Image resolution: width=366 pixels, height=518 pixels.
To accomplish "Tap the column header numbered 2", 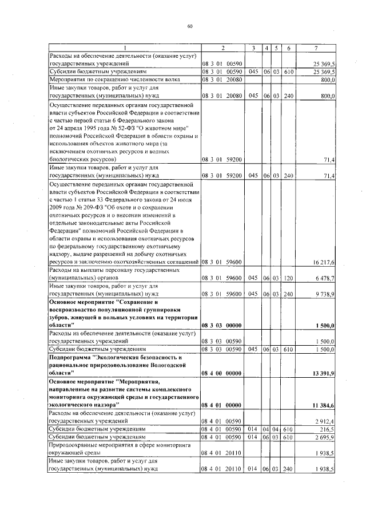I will point(223,47).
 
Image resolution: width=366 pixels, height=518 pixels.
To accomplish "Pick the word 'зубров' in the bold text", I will point(62,317).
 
